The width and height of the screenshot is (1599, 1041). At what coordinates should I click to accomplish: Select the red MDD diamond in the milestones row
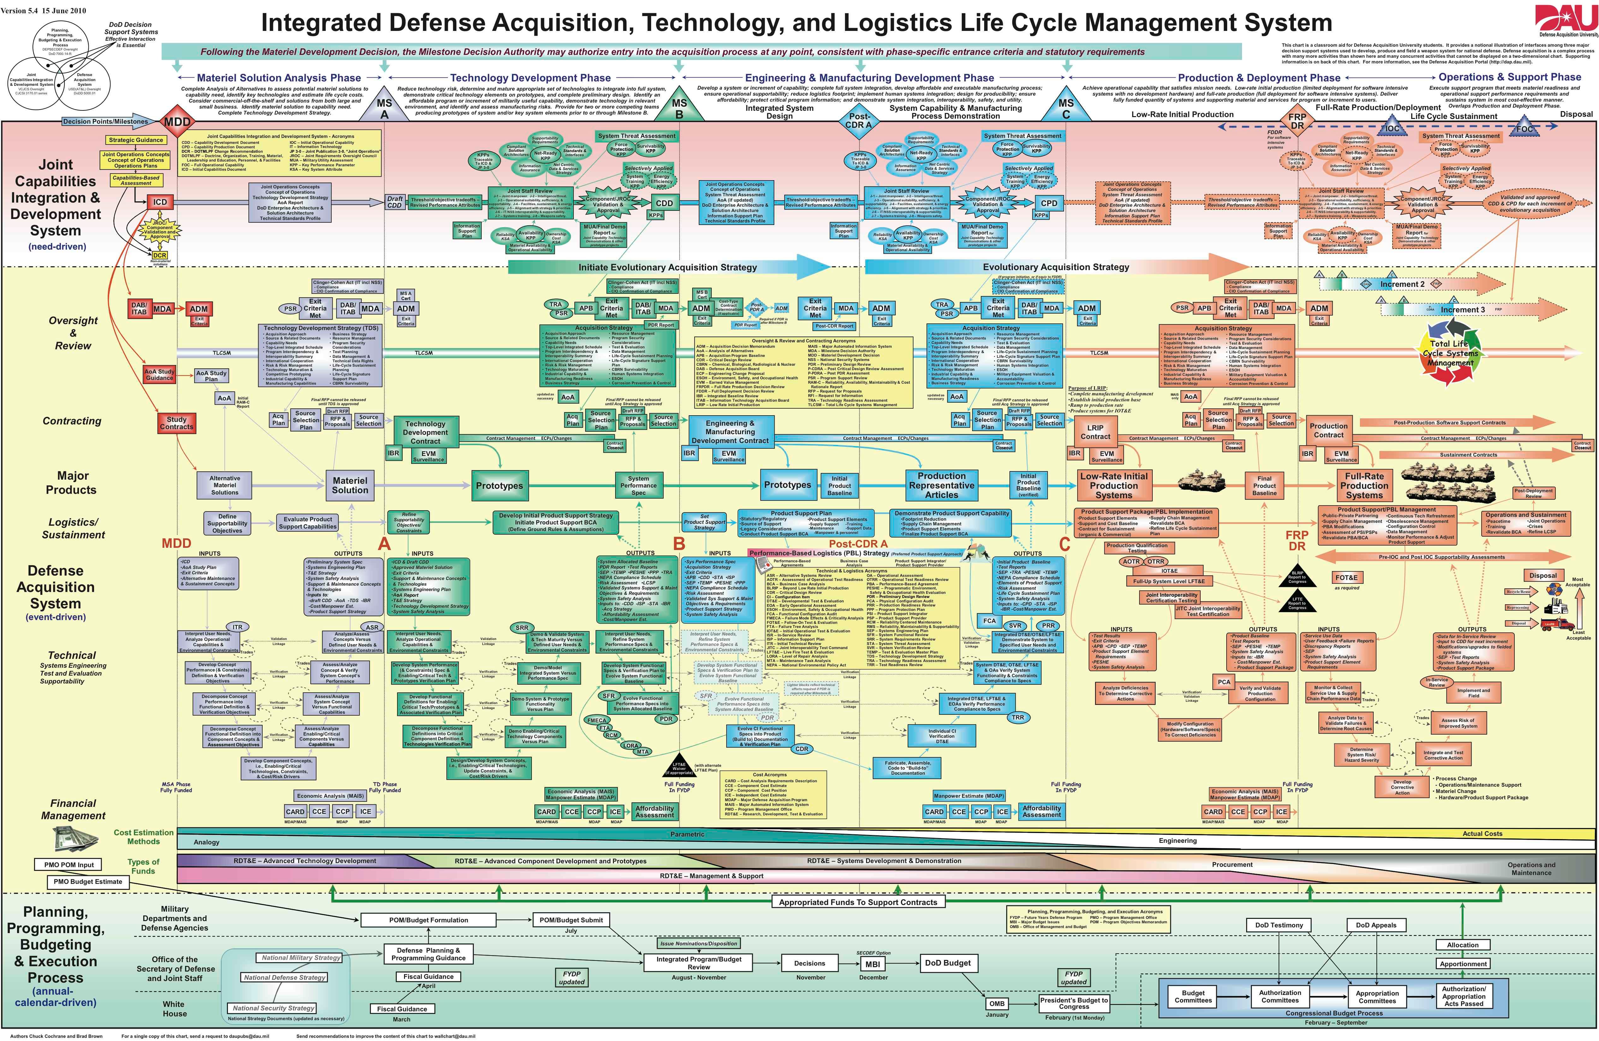point(177,121)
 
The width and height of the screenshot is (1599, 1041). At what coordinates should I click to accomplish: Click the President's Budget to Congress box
point(1073,1003)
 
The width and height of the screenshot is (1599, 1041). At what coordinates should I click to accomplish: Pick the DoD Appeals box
point(1375,925)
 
